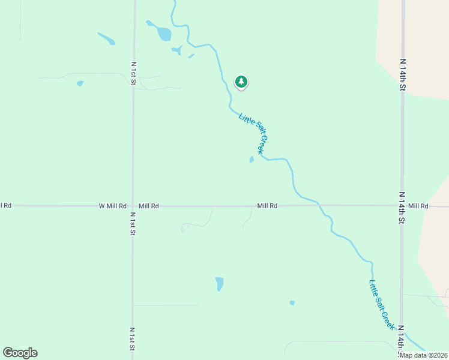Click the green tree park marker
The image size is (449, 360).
pos(241,82)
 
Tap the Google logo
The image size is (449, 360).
pos(20,353)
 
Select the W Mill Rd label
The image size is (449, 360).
pos(112,206)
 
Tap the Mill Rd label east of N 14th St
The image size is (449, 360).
pos(418,206)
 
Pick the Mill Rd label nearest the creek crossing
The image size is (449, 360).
pos(267,206)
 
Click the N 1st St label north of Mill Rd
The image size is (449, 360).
pos(133,73)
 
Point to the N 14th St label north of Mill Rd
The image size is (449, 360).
pos(403,74)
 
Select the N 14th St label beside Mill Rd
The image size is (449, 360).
pos(402,208)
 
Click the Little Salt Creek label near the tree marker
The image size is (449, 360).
pos(252,134)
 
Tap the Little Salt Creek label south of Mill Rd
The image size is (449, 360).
pos(382,305)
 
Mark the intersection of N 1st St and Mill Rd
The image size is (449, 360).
pos(133,206)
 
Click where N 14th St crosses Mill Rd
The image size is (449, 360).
pos(402,206)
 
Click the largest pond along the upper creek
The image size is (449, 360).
pos(164,34)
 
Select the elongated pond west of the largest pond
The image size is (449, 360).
pos(106,38)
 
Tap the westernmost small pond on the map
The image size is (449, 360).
pos(80,83)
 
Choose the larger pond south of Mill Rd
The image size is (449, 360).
pos(220,283)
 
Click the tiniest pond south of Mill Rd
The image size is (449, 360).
pos(292,303)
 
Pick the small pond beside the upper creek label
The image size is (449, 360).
pos(251,160)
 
